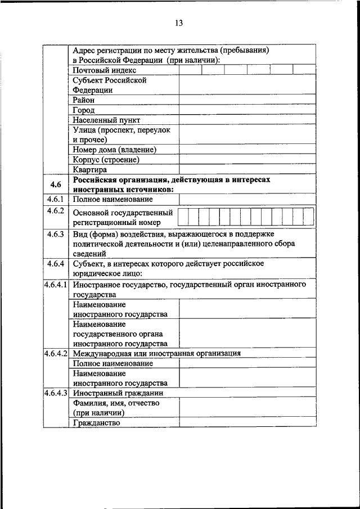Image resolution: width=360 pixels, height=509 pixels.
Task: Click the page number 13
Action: (179, 23)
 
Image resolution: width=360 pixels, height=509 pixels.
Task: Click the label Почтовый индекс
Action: (104, 70)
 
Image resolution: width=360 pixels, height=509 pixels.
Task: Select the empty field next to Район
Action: (247, 100)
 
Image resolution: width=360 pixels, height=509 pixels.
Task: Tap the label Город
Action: (84, 110)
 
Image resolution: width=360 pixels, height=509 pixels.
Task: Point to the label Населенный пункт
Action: (106, 120)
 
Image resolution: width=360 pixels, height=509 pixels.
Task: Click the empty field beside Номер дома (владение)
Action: (247, 150)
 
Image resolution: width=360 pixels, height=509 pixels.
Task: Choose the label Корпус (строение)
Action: (106, 159)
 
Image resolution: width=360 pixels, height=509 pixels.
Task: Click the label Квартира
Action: (89, 169)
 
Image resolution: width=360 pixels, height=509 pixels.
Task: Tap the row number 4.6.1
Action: (56, 199)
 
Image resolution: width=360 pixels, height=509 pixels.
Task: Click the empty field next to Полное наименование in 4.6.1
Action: (247, 199)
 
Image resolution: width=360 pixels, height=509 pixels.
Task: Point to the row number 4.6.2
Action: (56, 211)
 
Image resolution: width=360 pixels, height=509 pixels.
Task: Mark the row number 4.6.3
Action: (56, 234)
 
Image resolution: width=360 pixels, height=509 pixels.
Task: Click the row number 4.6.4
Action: (56, 263)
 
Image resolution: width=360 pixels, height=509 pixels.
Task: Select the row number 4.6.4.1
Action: (56, 285)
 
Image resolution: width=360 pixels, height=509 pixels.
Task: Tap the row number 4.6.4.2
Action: (56, 353)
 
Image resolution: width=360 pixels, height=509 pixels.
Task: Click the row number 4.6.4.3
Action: (56, 393)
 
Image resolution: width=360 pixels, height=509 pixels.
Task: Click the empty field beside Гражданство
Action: (247, 422)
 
